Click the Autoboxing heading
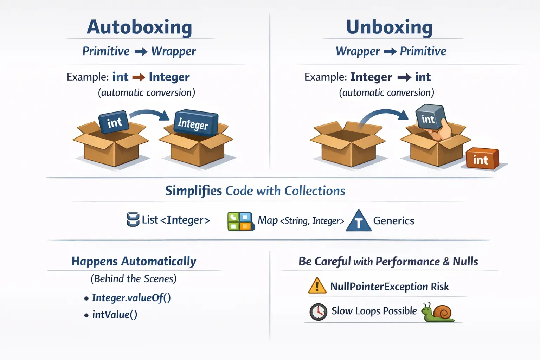click(x=139, y=27)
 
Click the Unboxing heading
click(x=389, y=27)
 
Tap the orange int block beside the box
click(x=482, y=159)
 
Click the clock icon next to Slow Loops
click(x=318, y=312)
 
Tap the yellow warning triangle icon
click(x=317, y=286)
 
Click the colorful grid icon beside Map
click(x=240, y=221)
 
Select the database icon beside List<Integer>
click(x=133, y=220)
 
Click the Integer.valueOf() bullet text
click(x=131, y=298)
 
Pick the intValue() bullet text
click(x=115, y=314)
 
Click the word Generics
click(x=393, y=221)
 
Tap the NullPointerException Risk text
click(x=389, y=287)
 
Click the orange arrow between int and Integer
click(x=139, y=77)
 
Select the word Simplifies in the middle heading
click(x=193, y=191)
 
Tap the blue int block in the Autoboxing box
click(x=114, y=122)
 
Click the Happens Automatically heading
click(x=134, y=261)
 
